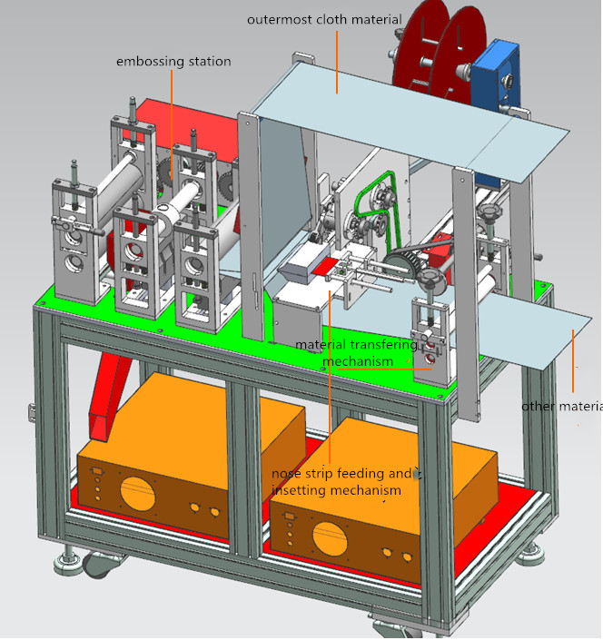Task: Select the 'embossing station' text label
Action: coord(173,62)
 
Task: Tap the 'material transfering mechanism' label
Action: coord(357,353)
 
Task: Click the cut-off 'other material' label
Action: coord(561,406)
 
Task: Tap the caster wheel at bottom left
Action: coord(96,566)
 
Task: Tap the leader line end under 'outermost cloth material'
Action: coord(338,91)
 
